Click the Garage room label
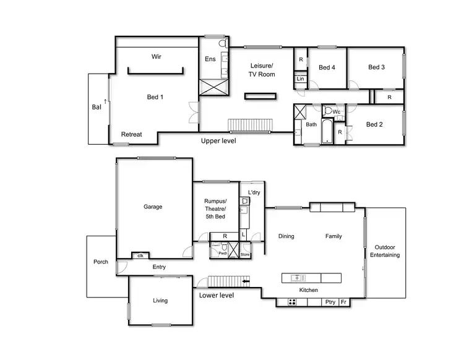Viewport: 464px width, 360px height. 153,207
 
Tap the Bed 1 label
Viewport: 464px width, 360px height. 155,96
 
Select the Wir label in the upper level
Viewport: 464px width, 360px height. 157,57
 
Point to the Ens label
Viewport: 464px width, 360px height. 210,59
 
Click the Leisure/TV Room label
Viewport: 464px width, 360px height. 262,70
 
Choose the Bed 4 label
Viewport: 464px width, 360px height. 327,68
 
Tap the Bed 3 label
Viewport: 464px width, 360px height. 376,67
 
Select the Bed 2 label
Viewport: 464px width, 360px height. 374,124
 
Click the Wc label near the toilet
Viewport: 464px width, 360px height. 337,112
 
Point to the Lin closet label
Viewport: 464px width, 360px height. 300,79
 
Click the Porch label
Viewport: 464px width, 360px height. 101,262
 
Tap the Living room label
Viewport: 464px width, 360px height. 160,301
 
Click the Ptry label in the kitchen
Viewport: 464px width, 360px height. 330,302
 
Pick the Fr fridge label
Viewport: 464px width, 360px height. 344,302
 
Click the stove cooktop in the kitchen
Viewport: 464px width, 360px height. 292,302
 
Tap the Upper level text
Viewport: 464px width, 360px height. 218,141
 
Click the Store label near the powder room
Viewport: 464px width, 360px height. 244,254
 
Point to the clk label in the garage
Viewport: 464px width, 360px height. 140,255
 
